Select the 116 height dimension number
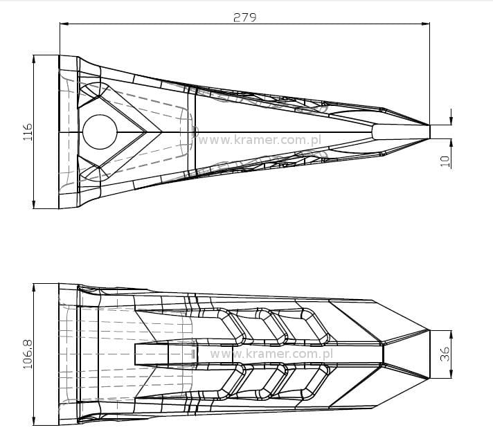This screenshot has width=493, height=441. pyautogui.click(x=28, y=132)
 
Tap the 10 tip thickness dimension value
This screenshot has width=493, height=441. pyautogui.click(x=445, y=161)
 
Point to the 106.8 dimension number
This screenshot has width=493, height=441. pyautogui.click(x=28, y=353)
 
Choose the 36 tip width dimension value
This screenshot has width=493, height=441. pyautogui.click(x=445, y=354)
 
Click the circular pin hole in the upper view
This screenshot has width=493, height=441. pyautogui.click(x=101, y=132)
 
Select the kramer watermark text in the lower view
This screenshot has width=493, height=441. pyautogui.click(x=271, y=354)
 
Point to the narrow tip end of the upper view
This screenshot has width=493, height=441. pyautogui.click(x=429, y=132)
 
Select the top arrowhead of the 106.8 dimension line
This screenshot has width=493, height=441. pyautogui.click(x=34, y=287)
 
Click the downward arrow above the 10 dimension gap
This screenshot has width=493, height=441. pyautogui.click(x=451, y=120)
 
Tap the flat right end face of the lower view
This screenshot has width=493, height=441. pyautogui.click(x=430, y=354)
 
